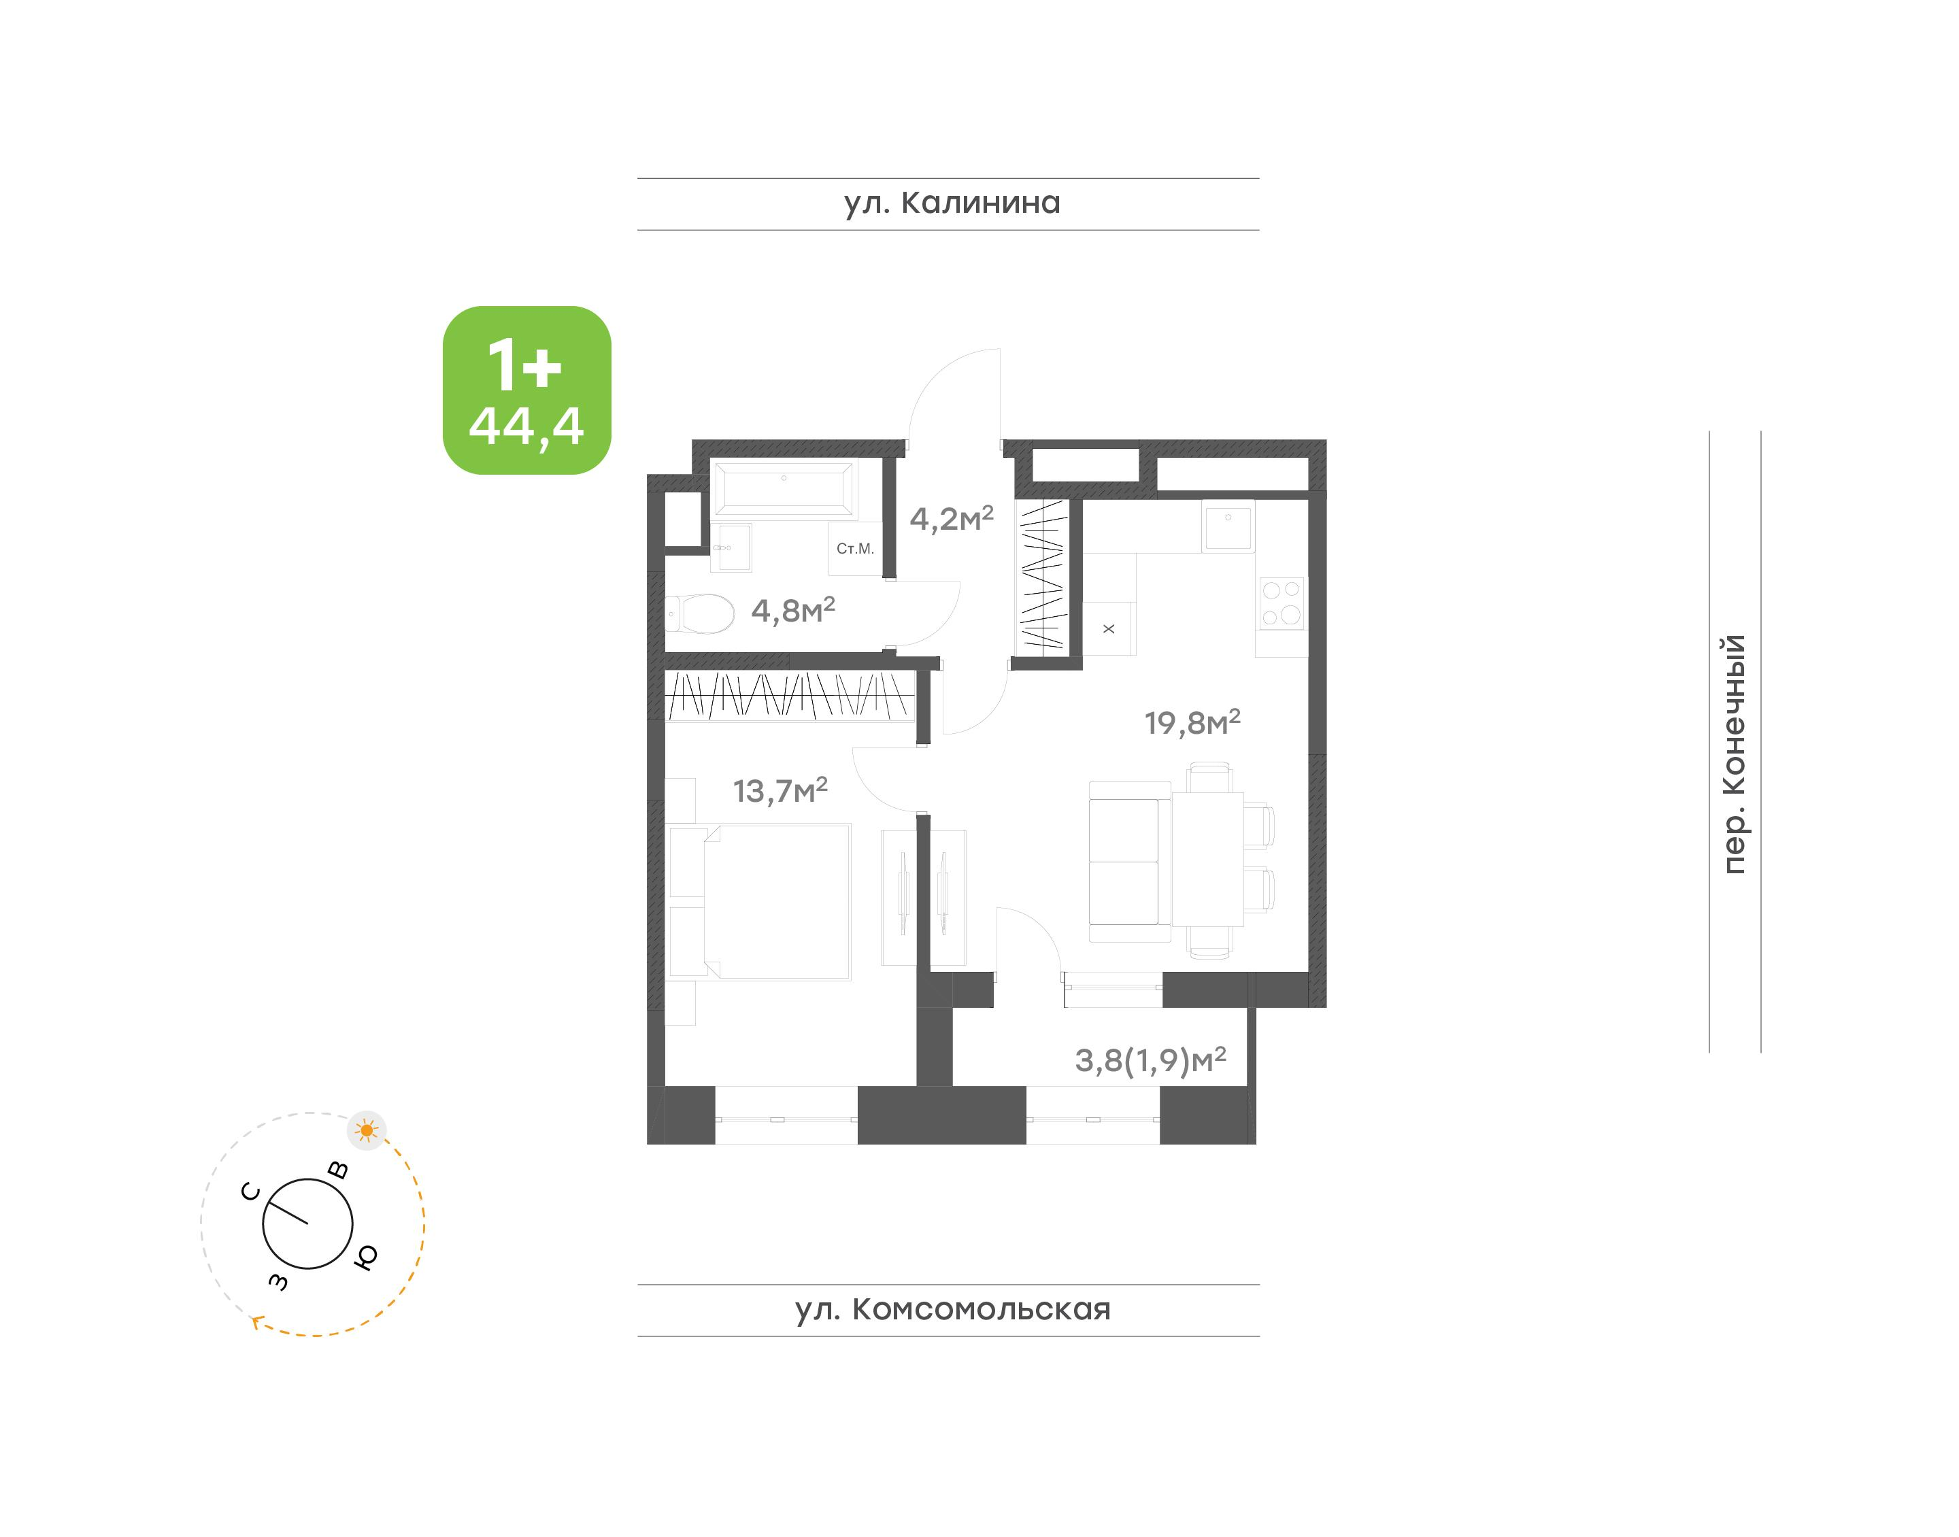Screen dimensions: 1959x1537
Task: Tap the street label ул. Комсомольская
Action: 952,1309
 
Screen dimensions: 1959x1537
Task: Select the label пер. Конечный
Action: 1733,754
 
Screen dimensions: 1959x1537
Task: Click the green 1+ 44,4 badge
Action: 526,390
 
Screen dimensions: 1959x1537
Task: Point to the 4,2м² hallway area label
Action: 951,518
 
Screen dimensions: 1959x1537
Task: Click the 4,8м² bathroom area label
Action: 792,611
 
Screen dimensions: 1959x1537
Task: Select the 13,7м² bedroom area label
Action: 780,791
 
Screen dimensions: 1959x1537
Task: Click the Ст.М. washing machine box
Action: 855,549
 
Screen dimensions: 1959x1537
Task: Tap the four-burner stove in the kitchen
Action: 1282,603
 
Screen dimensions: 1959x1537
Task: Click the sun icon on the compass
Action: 366,1130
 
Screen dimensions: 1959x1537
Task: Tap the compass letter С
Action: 251,1192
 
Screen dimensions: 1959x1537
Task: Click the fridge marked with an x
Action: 1109,628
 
